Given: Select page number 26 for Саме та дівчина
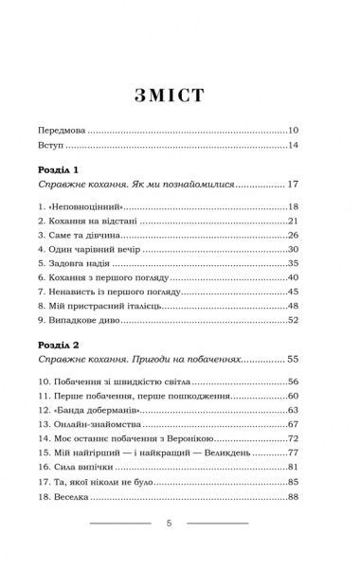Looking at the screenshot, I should (x=293, y=236).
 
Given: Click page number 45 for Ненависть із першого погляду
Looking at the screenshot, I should (x=293, y=293).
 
